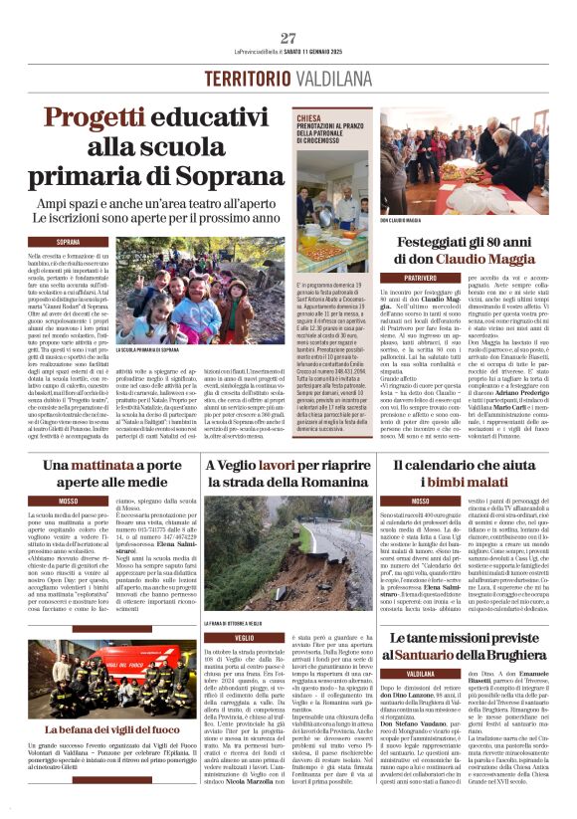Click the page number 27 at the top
click(288, 38)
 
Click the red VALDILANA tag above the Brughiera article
click(422, 673)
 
